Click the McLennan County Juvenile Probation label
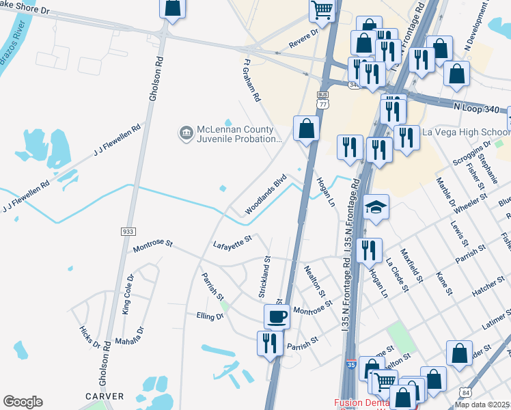[x=239, y=134]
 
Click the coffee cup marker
[x=277, y=316]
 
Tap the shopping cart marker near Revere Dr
[x=322, y=10]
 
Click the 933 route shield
[x=128, y=232]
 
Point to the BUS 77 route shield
[x=323, y=100]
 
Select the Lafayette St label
[x=232, y=241]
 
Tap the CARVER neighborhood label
[x=105, y=396]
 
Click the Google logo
[x=23, y=402]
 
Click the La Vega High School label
[x=467, y=132]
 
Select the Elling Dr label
[x=210, y=316]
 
